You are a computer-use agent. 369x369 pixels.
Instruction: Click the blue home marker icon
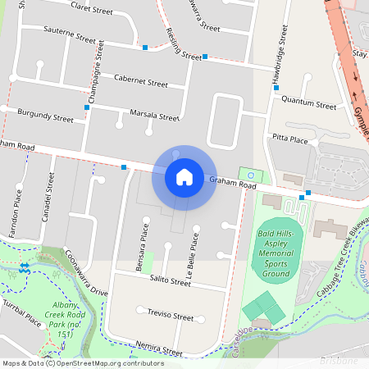184,175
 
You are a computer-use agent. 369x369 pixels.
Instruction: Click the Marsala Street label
154,115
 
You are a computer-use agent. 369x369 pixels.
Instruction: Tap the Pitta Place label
289,141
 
